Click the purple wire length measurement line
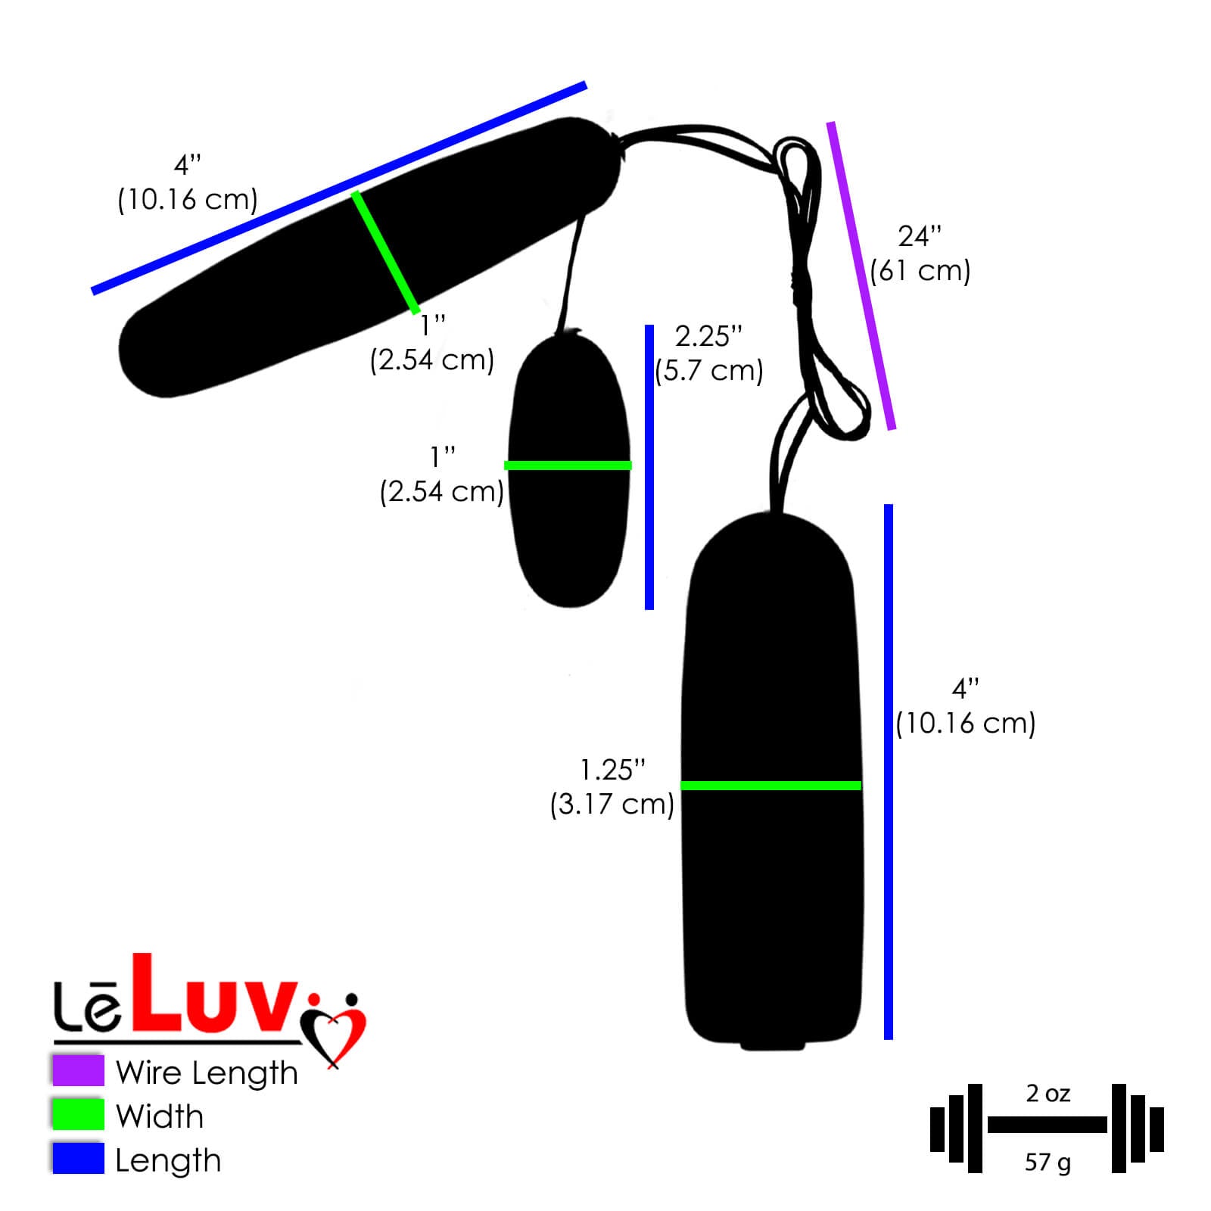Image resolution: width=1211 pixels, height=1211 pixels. tap(861, 276)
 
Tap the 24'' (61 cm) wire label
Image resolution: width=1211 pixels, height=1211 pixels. tap(920, 254)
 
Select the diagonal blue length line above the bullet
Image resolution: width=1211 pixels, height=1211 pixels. tap(339, 187)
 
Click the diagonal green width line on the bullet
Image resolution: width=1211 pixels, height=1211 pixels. tap(385, 252)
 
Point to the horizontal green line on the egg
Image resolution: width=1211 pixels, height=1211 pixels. tap(568, 465)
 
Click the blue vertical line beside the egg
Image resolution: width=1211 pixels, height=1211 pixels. tap(649, 467)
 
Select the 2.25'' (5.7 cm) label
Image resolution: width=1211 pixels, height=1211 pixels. tap(709, 353)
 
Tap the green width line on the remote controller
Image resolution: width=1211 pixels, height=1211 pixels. tap(770, 786)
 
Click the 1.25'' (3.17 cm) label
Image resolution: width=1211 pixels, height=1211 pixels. tap(612, 787)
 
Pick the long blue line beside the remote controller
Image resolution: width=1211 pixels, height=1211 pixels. tap(889, 772)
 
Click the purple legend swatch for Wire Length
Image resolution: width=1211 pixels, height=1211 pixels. tap(78, 1070)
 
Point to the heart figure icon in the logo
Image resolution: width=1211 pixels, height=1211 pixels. tap(334, 1027)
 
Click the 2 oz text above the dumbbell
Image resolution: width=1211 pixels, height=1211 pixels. tap(1048, 1094)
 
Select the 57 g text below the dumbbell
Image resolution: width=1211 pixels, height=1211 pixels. tap(1048, 1162)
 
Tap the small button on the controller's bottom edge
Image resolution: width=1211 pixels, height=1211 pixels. tap(772, 1044)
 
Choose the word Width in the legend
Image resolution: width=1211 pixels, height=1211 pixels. tap(160, 1116)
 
